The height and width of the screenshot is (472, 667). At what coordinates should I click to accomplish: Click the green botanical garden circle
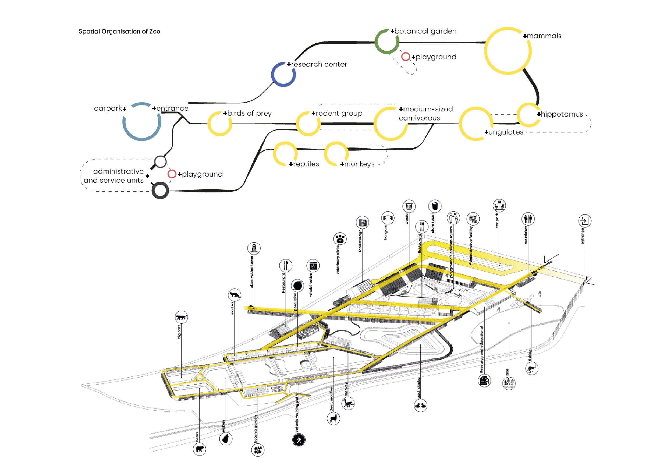387,41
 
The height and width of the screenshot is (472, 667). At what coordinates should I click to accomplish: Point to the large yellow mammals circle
508,51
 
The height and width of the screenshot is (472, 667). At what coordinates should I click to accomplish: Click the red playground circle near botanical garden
406,57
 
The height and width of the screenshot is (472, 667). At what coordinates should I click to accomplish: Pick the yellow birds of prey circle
220,124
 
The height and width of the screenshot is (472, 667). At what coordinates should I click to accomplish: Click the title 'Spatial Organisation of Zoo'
119,31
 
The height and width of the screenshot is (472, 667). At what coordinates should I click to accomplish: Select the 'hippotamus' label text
562,114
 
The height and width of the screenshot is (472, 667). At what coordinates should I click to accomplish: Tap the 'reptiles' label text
306,164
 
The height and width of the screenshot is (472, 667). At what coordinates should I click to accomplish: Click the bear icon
200,449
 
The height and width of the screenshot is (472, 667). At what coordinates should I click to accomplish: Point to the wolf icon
226,439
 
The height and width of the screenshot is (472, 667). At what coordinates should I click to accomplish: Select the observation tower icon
254,248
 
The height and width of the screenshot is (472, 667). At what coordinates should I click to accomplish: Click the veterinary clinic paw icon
340,239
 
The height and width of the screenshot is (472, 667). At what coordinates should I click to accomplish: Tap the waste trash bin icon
409,206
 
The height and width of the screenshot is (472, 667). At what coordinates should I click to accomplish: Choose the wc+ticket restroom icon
528,219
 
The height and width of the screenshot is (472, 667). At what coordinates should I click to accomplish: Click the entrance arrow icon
584,221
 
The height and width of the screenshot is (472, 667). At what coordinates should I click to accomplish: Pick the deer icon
334,419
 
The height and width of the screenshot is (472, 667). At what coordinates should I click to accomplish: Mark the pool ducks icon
420,406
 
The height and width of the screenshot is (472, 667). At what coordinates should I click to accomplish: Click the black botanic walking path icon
299,440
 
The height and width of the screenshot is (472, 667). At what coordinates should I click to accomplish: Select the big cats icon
181,317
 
